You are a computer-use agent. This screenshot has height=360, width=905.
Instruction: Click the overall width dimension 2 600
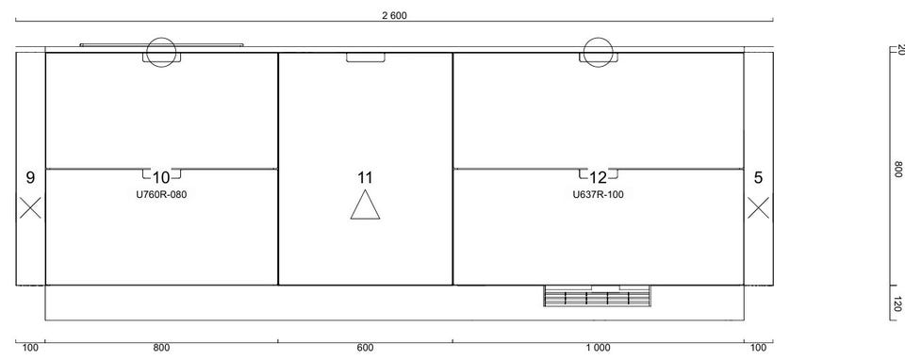(394, 16)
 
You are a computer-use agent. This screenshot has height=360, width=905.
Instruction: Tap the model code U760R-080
(161, 195)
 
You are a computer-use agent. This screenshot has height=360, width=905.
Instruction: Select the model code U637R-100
(598, 195)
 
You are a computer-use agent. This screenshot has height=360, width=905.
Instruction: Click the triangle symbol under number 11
(366, 206)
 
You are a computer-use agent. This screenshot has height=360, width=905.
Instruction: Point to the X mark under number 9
(30, 207)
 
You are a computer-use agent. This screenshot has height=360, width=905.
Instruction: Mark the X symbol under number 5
(758, 207)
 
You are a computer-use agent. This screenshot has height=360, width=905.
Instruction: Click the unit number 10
(161, 178)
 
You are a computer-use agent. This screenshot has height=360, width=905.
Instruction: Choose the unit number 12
(599, 178)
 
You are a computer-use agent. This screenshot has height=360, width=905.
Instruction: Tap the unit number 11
(365, 178)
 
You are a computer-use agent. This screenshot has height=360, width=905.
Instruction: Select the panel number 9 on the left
(30, 178)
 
